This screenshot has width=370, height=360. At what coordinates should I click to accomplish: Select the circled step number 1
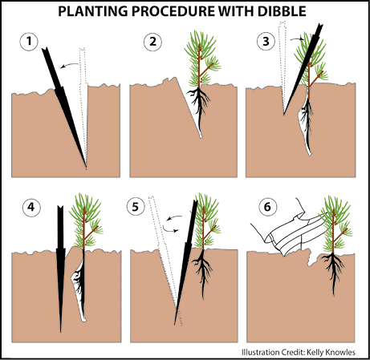coord(29,42)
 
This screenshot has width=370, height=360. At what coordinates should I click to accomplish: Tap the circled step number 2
coord(152,42)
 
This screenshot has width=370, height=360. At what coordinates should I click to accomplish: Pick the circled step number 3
coord(266,42)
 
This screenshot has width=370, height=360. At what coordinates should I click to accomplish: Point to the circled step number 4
coord(31,207)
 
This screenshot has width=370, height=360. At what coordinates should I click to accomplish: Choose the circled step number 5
coord(136,207)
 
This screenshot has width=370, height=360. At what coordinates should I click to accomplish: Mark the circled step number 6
coord(267,207)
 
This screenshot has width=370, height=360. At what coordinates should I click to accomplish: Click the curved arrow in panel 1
coord(69,65)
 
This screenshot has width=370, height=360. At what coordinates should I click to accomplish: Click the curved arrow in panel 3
coord(298,39)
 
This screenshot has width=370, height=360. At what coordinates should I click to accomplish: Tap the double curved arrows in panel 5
coord(173,224)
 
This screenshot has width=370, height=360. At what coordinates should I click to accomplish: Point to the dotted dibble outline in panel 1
coord(83,107)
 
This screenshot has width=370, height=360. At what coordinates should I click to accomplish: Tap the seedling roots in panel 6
coord(333,271)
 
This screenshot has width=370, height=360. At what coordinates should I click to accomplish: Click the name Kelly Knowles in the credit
coord(331,352)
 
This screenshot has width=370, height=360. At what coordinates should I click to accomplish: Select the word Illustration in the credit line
coord(258,352)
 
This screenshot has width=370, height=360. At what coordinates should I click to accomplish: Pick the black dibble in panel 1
coord(63,106)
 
